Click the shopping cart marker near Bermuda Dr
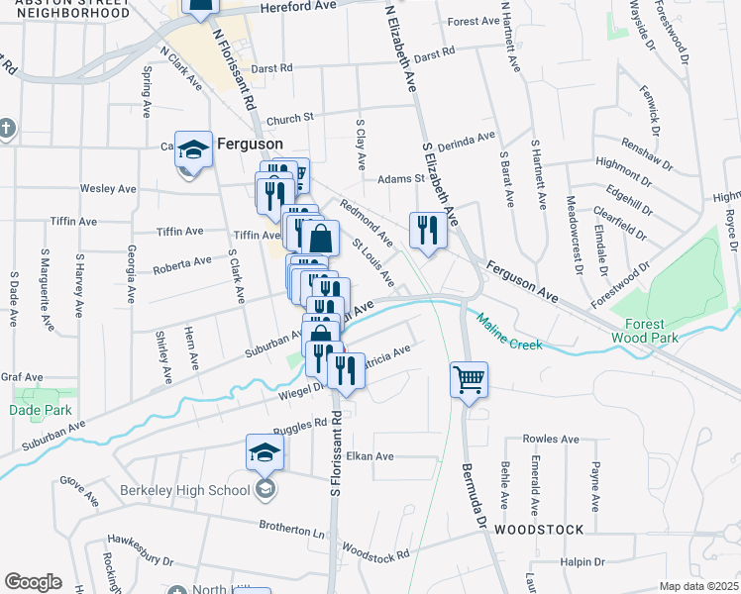click(x=469, y=378)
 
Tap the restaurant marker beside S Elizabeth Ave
click(x=427, y=231)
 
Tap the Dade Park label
click(x=34, y=409)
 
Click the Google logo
click(x=33, y=582)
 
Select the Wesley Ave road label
click(x=108, y=188)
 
